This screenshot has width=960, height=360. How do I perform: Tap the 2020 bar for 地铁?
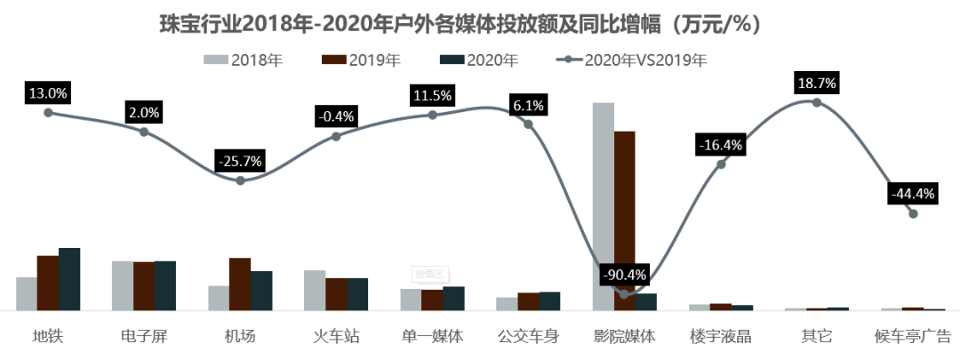[69, 279]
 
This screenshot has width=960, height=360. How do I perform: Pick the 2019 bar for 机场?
[240, 284]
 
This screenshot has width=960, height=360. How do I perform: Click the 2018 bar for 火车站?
[315, 290]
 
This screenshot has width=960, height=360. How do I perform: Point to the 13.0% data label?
[48, 92]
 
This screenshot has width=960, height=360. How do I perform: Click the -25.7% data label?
[241, 162]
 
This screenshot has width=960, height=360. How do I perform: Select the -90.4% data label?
[625, 274]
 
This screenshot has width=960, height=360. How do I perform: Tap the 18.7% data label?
[817, 84]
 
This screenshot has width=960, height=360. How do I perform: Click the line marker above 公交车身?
[528, 124]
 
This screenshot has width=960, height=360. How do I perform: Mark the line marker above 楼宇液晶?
[721, 164]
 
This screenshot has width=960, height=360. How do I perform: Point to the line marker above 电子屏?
[144, 132]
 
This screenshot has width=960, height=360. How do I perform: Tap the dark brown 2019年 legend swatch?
[334, 60]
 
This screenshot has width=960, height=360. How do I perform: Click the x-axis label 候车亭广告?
[913, 337]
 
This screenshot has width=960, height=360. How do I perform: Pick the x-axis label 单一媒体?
[433, 337]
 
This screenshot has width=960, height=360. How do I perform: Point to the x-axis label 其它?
[817, 337]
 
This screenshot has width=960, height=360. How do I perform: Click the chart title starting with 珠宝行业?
[463, 25]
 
